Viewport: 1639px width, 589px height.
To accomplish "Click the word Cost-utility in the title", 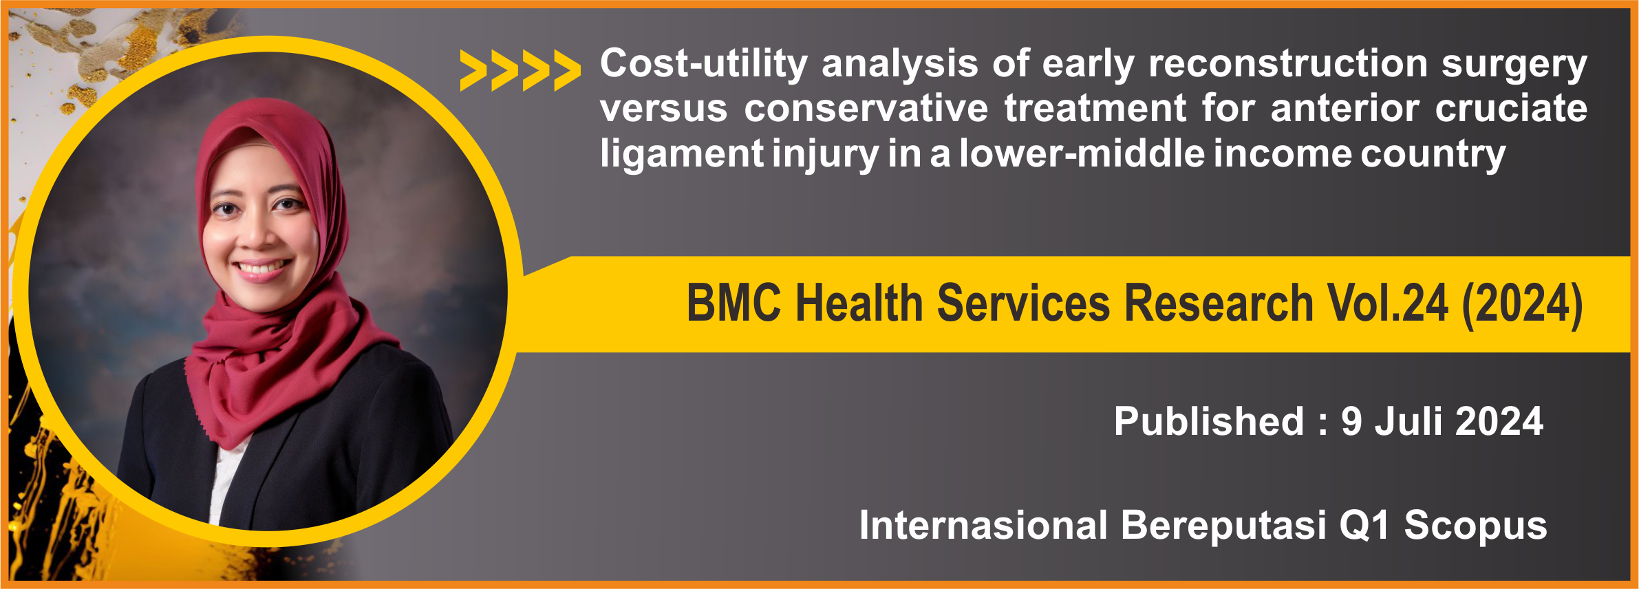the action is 704,63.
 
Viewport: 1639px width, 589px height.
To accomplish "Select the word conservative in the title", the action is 866,109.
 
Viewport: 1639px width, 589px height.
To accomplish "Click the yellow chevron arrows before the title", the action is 520,70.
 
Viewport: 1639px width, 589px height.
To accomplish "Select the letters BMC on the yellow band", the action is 734,303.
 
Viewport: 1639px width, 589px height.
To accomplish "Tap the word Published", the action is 1209,421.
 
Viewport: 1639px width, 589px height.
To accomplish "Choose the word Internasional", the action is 983,526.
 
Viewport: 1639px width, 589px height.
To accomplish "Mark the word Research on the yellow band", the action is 1219,303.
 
